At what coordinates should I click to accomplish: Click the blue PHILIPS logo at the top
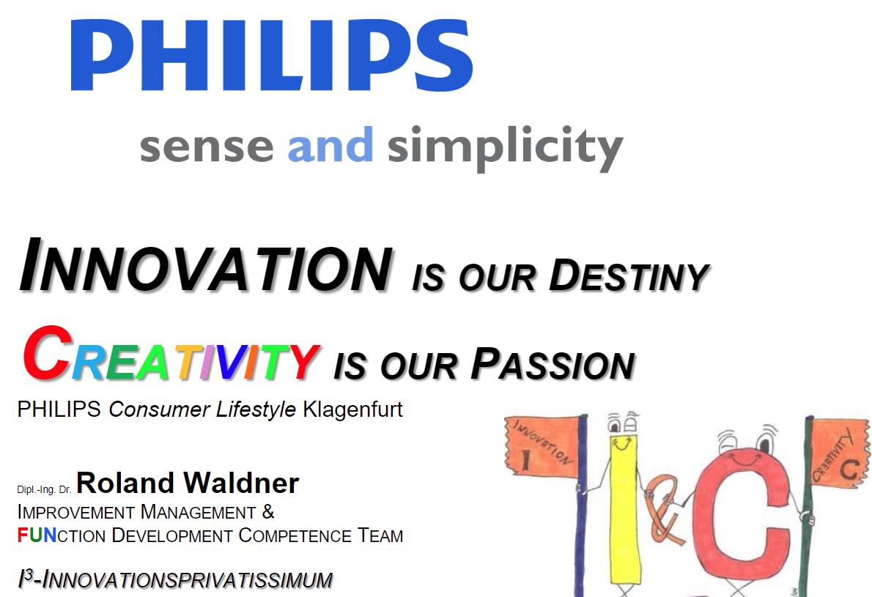tap(272, 54)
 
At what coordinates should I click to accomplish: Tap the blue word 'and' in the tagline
tap(330, 144)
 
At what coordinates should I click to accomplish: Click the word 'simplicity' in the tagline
tap(505, 147)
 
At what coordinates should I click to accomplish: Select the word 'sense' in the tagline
tap(207, 147)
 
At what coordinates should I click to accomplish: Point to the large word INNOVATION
tap(206, 265)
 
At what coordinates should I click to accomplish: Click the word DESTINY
tap(629, 275)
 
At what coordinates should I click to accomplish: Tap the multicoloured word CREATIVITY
tap(171, 354)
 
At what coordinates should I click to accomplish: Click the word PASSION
tap(553, 364)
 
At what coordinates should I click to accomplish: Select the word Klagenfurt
tap(352, 409)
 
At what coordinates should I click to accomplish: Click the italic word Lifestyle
tap(256, 409)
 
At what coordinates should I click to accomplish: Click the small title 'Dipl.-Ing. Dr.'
tap(45, 490)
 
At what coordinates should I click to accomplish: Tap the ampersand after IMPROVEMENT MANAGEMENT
tap(268, 511)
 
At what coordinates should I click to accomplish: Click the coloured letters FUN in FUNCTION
tap(37, 535)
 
